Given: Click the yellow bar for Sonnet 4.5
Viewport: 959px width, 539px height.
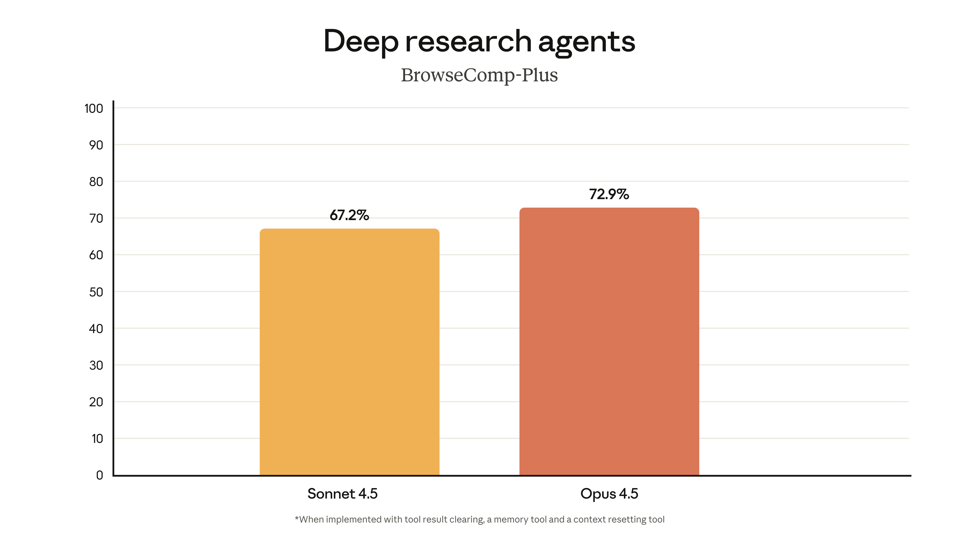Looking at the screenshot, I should (349, 352).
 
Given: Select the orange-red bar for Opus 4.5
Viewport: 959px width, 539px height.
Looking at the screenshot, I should (609, 341).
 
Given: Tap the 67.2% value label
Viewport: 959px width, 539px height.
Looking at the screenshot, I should (349, 215).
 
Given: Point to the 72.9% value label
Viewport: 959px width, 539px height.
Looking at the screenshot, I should (609, 194).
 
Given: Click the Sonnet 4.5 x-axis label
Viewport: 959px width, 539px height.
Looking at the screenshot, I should (342, 494).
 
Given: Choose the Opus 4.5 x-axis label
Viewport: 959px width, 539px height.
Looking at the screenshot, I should (609, 494).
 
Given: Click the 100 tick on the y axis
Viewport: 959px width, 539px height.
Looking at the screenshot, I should (94, 109).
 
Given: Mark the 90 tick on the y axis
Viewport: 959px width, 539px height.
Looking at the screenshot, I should (96, 145).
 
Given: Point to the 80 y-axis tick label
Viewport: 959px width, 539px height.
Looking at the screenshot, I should (96, 182).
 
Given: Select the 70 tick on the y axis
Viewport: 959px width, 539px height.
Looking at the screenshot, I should (96, 218).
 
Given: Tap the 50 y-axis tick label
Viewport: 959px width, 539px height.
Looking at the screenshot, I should (96, 292).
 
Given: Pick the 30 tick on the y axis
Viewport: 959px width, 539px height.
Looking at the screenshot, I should (96, 365).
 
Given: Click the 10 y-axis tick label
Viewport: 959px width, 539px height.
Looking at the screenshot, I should (97, 439).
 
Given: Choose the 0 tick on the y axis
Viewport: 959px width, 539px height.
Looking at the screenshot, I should (99, 475).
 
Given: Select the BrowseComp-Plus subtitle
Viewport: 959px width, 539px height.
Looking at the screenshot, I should (479, 75).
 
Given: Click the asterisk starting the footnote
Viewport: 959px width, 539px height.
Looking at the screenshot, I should (297, 518).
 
